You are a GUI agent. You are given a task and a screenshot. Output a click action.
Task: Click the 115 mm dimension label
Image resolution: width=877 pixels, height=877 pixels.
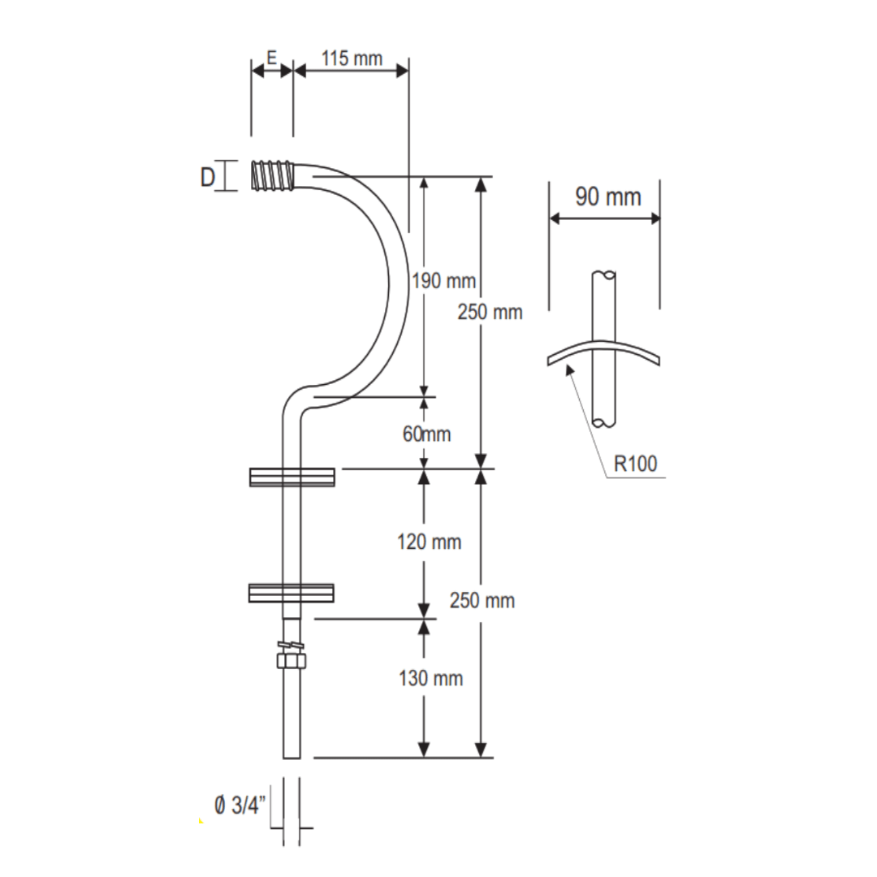coord(351,58)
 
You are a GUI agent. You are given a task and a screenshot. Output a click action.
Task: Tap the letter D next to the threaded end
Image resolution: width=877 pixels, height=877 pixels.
coord(208,176)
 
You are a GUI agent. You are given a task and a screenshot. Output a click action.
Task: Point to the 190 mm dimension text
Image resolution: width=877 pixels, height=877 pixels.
coord(443,282)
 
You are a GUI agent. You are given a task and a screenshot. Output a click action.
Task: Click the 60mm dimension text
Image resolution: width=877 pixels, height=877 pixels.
coord(426,434)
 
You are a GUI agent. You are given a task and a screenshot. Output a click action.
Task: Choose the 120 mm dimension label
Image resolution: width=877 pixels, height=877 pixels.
coord(429,542)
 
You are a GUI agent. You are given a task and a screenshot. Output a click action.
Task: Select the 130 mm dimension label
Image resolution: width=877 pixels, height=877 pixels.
coord(430,678)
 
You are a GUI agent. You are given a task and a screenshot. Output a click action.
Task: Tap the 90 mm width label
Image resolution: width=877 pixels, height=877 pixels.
coord(607,197)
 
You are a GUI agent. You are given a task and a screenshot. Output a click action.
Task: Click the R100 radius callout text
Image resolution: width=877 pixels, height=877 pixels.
coord(635,464)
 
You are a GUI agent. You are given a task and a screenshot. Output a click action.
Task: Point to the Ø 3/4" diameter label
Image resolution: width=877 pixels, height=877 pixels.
coord(241,806)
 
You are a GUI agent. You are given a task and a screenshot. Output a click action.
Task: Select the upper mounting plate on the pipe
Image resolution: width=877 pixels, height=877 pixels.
coord(292,477)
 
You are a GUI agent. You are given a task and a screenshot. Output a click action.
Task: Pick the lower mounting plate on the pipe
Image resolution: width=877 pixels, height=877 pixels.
coord(292,594)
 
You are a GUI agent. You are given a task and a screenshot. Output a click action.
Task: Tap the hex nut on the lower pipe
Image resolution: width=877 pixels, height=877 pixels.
coord(292,660)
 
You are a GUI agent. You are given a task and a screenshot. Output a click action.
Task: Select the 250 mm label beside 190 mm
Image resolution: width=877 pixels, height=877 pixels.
coord(490,312)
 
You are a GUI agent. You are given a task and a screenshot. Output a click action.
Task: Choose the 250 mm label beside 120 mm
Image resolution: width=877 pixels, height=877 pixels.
coord(482,602)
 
